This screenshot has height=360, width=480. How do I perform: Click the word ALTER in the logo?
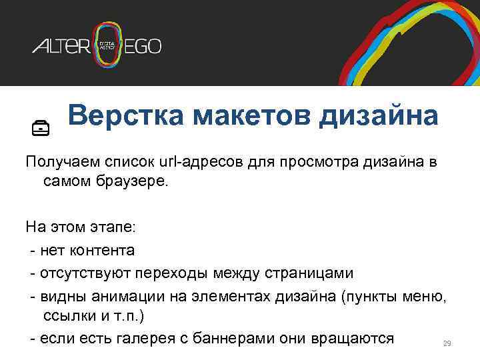coord(61,47)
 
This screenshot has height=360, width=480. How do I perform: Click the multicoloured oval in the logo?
coord(108,45)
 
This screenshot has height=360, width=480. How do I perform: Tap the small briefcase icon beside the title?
coord(41,127)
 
